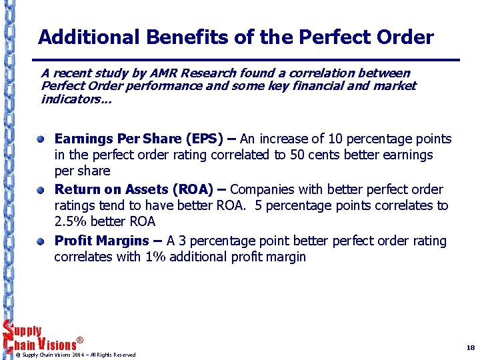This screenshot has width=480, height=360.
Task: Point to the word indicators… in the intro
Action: (x=76, y=99)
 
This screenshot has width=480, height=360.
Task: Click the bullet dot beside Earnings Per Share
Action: (x=41, y=139)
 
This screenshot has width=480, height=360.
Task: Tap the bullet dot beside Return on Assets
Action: (x=41, y=190)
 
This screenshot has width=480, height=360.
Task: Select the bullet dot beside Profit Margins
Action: (x=41, y=241)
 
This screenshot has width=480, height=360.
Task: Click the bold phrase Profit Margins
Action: (x=101, y=241)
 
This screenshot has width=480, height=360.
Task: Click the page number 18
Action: (x=470, y=348)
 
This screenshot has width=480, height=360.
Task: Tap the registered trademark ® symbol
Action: (x=80, y=341)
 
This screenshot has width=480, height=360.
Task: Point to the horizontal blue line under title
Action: (x=247, y=60)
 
